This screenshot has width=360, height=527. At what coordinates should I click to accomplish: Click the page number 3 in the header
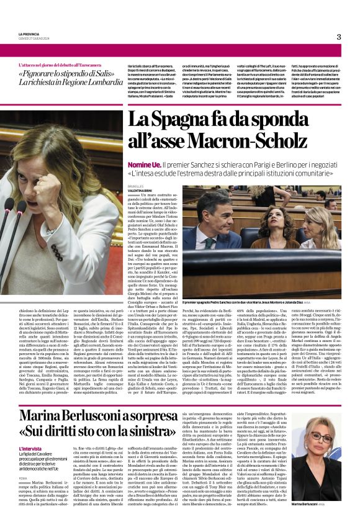(339, 37)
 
